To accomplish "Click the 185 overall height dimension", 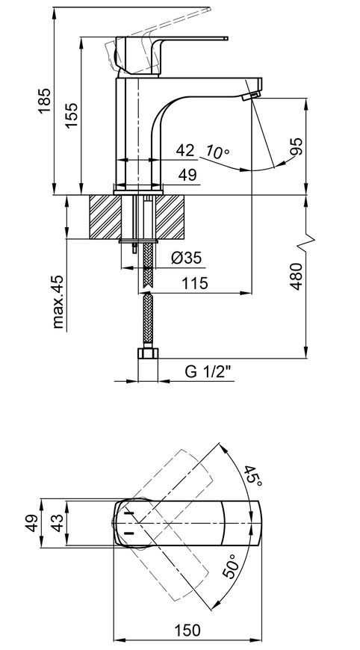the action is pyautogui.click(x=44, y=100).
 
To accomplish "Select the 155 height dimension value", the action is pyautogui.click(x=71, y=115).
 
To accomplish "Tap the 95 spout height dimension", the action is pyautogui.click(x=297, y=146).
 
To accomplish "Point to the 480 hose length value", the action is pyautogui.click(x=297, y=276).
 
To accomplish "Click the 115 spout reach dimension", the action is pyautogui.click(x=195, y=284).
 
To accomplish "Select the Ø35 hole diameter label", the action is pyautogui.click(x=187, y=259).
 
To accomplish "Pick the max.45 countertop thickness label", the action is pyautogui.click(x=58, y=301).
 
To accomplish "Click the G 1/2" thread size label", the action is pyautogui.click(x=210, y=372).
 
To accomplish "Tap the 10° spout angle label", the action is pyautogui.click(x=217, y=152).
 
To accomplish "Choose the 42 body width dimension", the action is pyautogui.click(x=184, y=150).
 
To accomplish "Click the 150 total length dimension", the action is pyautogui.click(x=187, y=630).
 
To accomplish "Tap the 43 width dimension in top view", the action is pyautogui.click(x=58, y=523).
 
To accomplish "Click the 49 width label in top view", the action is pyautogui.click(x=32, y=523).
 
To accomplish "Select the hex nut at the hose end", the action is pyautogui.click(x=147, y=353).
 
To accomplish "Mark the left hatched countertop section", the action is pyautogui.click(x=105, y=217).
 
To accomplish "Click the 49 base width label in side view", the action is pyautogui.click(x=187, y=175).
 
